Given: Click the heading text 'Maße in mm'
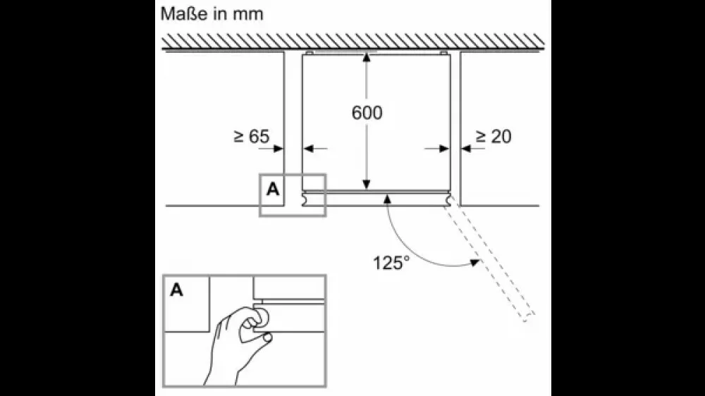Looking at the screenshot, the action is pyautogui.click(x=211, y=14).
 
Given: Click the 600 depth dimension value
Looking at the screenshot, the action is pyautogui.click(x=367, y=112).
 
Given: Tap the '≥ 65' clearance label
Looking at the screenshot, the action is pyautogui.click(x=252, y=136).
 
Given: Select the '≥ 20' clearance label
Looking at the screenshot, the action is pyautogui.click(x=493, y=136).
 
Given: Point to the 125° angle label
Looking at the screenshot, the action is pyautogui.click(x=391, y=263).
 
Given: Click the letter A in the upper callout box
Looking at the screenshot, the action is pyautogui.click(x=273, y=190).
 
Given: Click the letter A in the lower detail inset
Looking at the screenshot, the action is pyautogui.click(x=177, y=290).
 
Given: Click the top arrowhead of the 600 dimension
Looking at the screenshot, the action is pyautogui.click(x=367, y=57).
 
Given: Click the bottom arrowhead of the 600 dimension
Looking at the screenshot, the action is pyautogui.click(x=367, y=185).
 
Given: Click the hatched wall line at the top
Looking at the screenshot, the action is pyautogui.click(x=353, y=42).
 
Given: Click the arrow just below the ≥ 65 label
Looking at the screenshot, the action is pyautogui.click(x=271, y=149).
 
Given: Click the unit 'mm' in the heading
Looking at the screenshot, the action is pyautogui.click(x=247, y=16).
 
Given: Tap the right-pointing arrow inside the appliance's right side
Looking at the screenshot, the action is pyautogui.click(x=436, y=149).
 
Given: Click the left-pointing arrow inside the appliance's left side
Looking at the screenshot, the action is pyautogui.click(x=315, y=149).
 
